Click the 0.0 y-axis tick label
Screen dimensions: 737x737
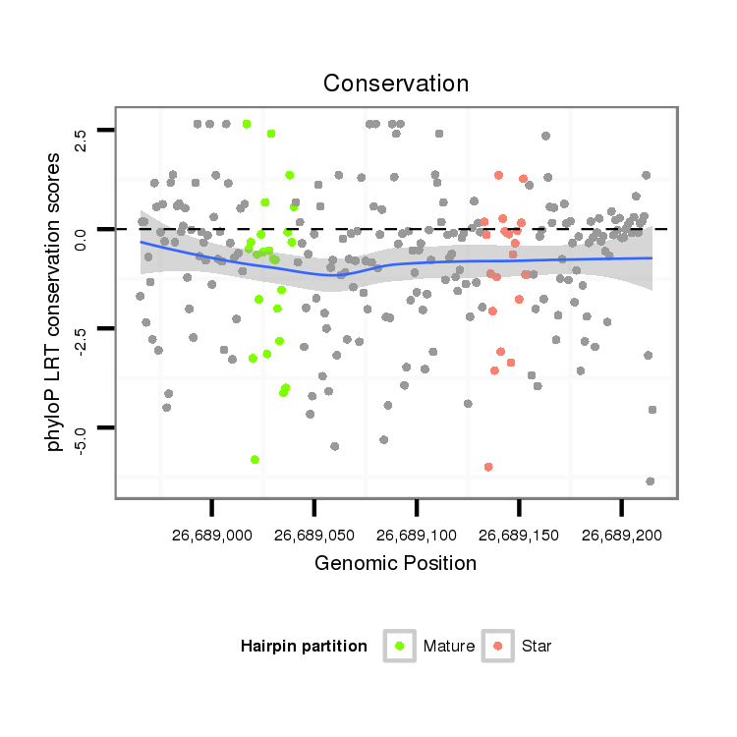(x=81, y=239)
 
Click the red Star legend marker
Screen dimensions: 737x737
(x=498, y=646)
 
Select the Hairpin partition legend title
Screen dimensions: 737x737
(x=304, y=647)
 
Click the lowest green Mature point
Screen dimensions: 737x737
(x=255, y=459)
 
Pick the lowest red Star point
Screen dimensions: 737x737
(x=488, y=467)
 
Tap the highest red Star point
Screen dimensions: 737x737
(x=499, y=175)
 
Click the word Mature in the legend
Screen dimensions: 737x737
(x=449, y=647)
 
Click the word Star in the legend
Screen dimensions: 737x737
(x=537, y=647)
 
